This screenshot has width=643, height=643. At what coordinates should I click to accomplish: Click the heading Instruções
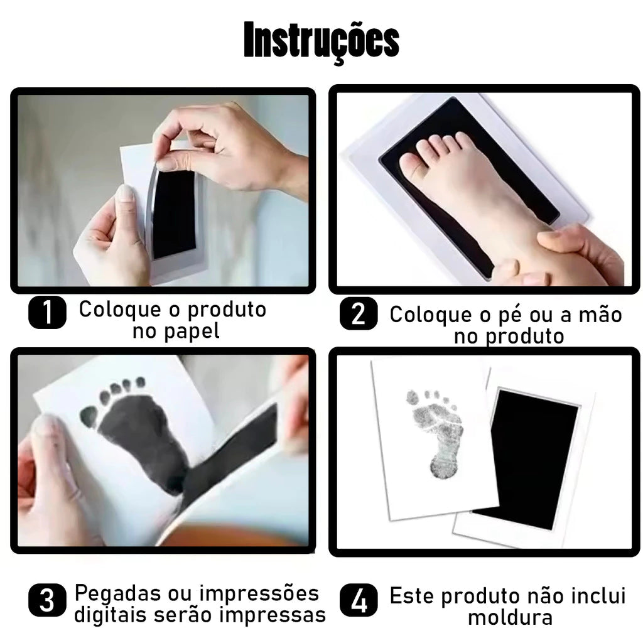(321, 41)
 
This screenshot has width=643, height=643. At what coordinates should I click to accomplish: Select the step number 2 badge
(359, 314)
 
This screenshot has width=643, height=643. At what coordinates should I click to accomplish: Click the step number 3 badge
(47, 601)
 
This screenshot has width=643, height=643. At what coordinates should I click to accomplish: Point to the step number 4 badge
(359, 601)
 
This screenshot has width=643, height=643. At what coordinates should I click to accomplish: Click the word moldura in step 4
(510, 617)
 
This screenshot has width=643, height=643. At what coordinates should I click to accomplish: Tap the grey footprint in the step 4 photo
(435, 433)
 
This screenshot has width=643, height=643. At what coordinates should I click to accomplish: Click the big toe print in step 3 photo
(89, 415)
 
